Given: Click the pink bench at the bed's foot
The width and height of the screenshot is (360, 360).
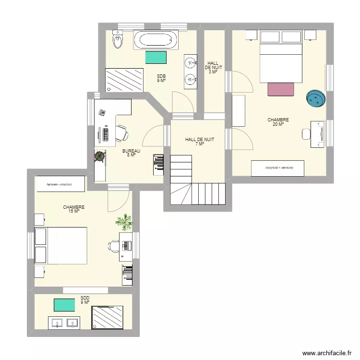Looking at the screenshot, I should tap(280, 89).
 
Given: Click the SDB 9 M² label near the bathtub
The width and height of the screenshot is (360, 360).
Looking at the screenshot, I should tap(161, 78).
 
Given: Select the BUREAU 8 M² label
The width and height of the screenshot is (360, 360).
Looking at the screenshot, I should tap(131, 153).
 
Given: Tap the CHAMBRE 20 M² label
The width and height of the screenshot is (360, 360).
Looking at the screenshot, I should tap(278, 122).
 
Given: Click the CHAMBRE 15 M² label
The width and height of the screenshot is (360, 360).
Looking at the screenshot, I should tap(74, 209).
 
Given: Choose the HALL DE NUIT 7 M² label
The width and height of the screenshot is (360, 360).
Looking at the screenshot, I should tap(200, 142).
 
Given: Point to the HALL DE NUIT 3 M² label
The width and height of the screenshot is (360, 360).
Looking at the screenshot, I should tap(213, 68).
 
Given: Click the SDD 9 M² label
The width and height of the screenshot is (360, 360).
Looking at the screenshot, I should tap(85, 300).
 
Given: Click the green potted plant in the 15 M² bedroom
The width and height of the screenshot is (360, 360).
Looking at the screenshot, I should tap(124, 221).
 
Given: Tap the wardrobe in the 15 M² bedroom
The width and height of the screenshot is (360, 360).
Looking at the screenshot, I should tap(60, 184).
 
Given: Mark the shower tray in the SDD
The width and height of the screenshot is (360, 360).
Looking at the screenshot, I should tap(111, 318).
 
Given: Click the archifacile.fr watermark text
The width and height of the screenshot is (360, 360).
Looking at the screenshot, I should tap(326, 353).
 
